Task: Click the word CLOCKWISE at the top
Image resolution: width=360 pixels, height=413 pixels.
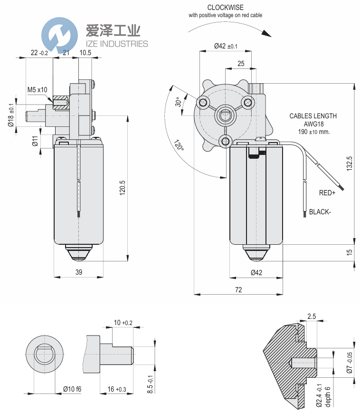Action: click(x=225, y=8)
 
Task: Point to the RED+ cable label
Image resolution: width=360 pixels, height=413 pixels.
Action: click(x=327, y=193)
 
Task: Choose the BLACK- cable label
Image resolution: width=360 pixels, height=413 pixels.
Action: click(x=319, y=212)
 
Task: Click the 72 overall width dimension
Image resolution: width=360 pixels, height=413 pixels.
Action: click(x=238, y=289)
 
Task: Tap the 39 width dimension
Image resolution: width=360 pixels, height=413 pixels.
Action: click(x=79, y=272)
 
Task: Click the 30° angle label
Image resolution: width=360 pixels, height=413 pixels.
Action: click(x=178, y=102)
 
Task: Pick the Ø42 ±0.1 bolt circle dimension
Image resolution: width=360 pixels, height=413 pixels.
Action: click(x=226, y=46)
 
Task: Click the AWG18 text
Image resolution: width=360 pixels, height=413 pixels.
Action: click(x=313, y=124)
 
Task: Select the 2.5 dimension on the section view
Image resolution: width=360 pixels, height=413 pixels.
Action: click(x=312, y=316)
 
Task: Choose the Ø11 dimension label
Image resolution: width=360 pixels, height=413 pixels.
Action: click(x=35, y=141)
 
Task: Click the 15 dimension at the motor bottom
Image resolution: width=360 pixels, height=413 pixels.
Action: click(x=349, y=252)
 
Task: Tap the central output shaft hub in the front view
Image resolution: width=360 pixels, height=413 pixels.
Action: click(x=226, y=115)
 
